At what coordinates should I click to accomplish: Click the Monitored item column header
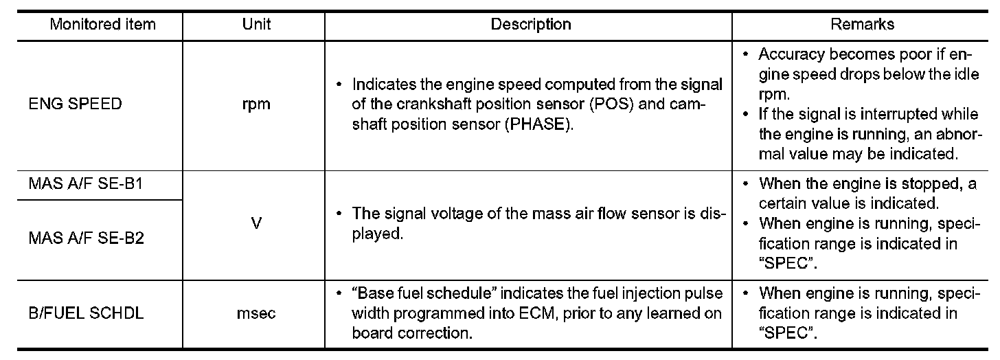(x=103, y=25)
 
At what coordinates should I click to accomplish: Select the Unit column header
(x=256, y=25)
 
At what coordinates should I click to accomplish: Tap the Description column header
(x=530, y=25)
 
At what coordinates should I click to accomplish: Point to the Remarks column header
(x=862, y=25)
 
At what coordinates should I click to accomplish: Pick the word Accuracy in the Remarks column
(x=787, y=54)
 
